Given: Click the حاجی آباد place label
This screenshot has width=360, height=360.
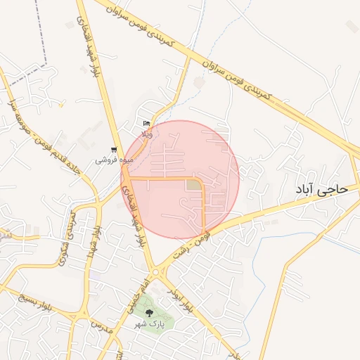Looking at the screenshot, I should click(322, 188).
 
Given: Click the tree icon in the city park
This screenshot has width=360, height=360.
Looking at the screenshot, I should click(148, 310).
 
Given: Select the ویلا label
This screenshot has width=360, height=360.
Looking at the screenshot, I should click(146, 133).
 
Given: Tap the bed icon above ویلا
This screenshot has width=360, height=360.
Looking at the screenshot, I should click(146, 123).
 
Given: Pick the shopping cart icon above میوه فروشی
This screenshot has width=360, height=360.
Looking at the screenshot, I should click(114, 149).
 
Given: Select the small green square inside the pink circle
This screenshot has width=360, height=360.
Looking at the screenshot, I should click(193, 185).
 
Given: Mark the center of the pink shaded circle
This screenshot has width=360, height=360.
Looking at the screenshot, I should click(181, 179).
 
